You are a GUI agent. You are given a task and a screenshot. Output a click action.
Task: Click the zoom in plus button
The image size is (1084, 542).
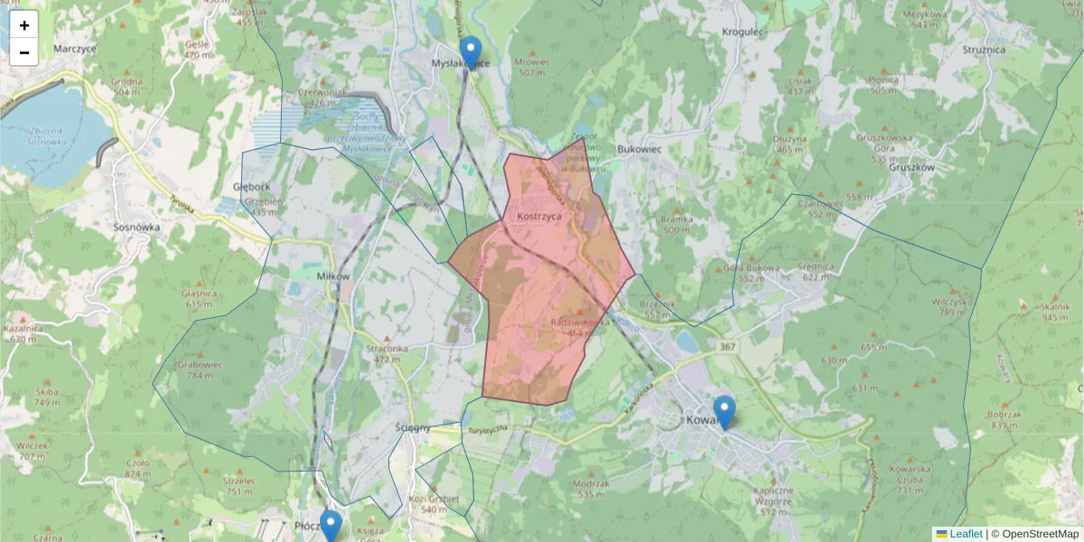[x=24, y=25]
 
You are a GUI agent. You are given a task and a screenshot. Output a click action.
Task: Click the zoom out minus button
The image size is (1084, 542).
[x=24, y=52]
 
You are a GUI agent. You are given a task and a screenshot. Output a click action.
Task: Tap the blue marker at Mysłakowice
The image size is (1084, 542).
[x=470, y=52]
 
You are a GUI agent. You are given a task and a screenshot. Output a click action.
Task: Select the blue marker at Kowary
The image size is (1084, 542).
[x=724, y=411]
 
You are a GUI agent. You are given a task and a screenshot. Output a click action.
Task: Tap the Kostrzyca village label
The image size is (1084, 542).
[x=540, y=217]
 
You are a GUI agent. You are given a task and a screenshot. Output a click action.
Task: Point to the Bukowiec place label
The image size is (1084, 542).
[x=640, y=149]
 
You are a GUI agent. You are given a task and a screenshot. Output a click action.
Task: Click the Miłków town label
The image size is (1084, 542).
[x=333, y=276]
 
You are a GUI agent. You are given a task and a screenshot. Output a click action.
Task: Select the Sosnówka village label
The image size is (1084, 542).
[x=137, y=228]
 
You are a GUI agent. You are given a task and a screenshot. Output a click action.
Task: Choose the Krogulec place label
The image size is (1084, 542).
[x=743, y=32]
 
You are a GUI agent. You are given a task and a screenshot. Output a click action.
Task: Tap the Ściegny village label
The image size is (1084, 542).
[x=413, y=427]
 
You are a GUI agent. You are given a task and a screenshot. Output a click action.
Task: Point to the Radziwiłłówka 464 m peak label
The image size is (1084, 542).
[x=579, y=326]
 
